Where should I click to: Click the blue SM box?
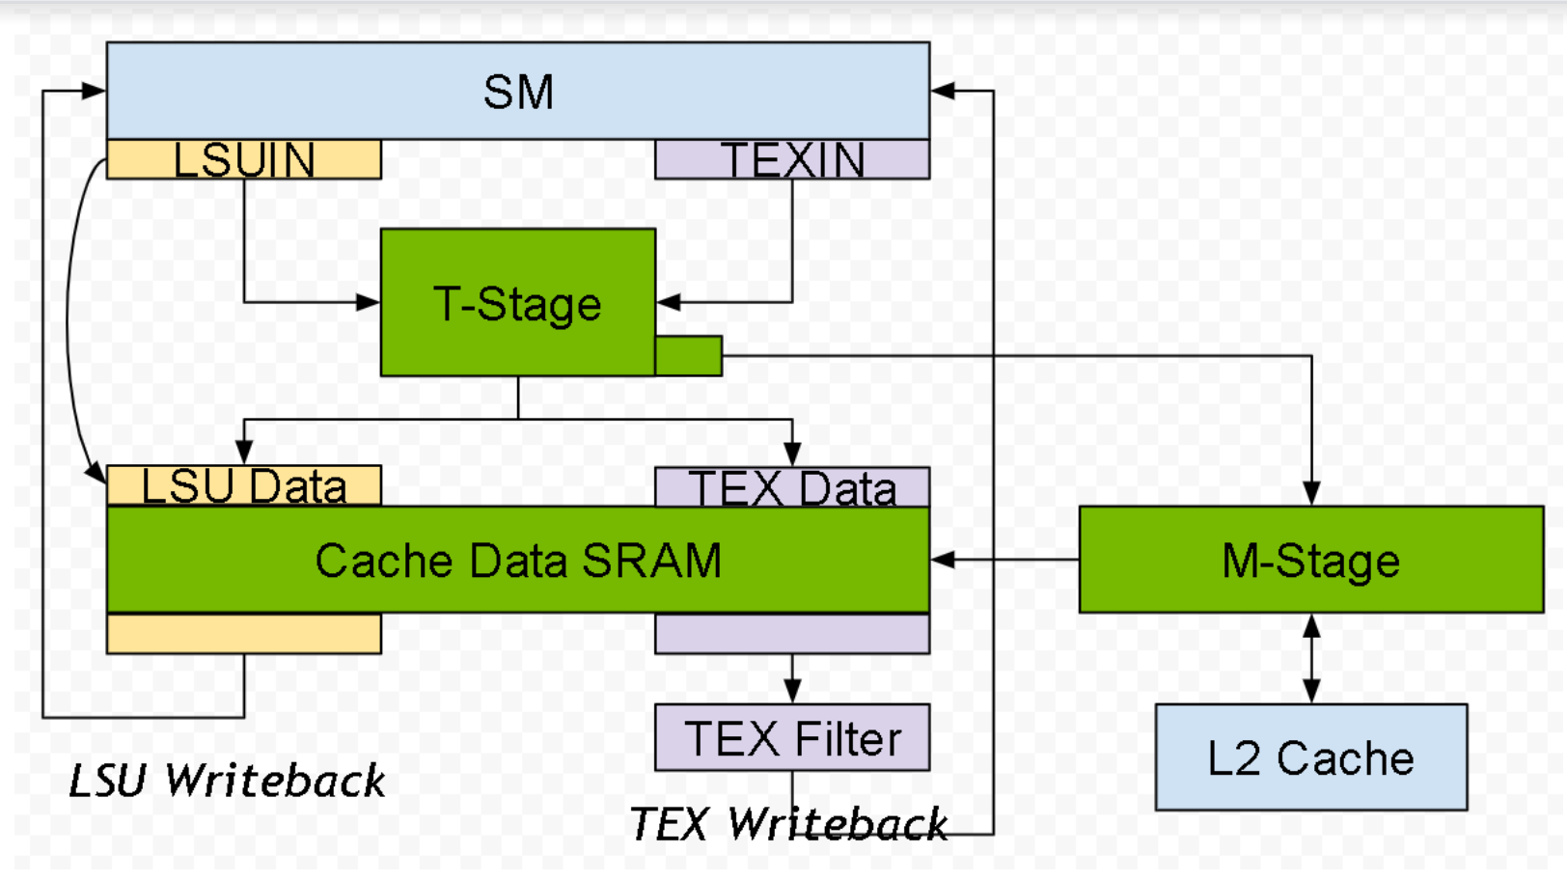tap(518, 91)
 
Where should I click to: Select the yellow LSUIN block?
tap(244, 159)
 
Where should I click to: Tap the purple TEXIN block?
tap(792, 159)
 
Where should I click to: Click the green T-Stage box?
tap(518, 302)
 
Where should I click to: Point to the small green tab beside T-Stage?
tap(689, 355)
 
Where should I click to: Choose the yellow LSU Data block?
tap(244, 485)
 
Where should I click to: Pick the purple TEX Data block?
tap(792, 487)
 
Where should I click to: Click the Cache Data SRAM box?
tap(518, 560)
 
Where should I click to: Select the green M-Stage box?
tap(1311, 560)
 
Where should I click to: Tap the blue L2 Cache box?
tap(1311, 757)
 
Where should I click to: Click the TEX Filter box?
tap(792, 738)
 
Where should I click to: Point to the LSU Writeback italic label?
tap(227, 780)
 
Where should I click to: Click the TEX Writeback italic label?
tap(788, 823)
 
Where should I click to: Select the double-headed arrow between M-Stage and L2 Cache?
tap(1311, 658)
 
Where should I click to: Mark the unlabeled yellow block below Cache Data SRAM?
tap(244, 634)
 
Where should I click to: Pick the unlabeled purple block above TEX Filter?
tap(792, 634)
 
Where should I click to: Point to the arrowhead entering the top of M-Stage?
tap(1311, 493)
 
